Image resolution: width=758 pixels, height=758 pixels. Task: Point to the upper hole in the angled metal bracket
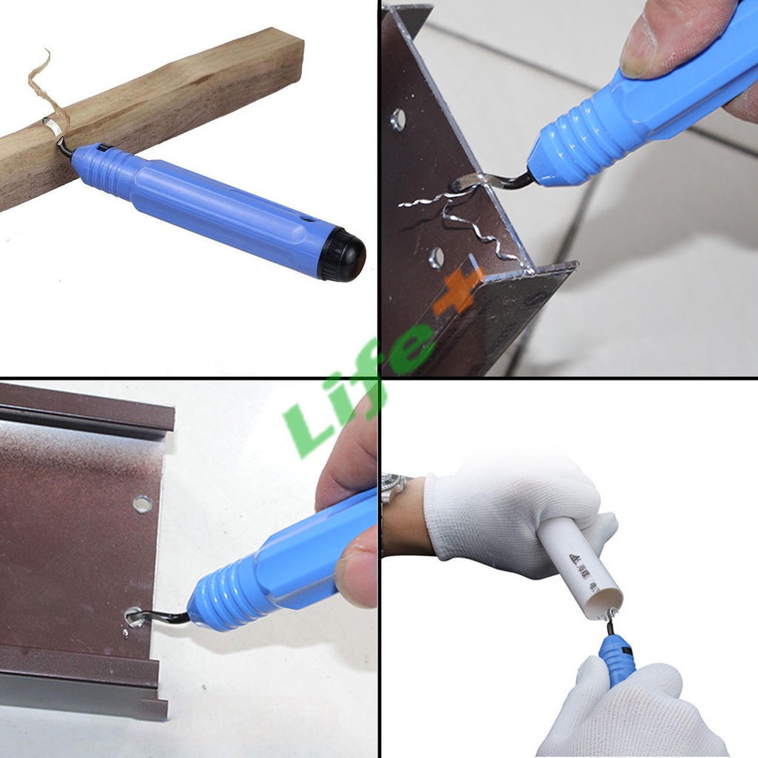click(398, 119)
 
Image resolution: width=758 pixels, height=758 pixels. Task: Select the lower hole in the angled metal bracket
click(437, 257)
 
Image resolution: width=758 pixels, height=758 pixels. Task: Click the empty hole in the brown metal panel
click(142, 504)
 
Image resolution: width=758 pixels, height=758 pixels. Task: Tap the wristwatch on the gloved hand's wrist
click(396, 489)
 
